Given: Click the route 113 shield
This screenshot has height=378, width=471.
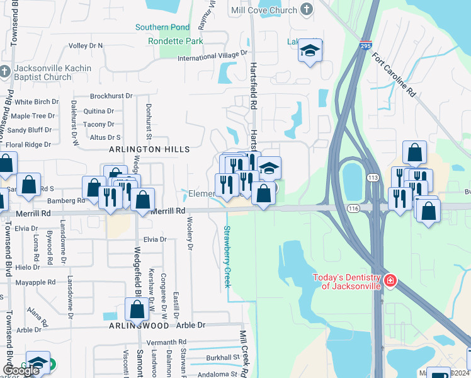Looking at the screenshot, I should coord(373,178).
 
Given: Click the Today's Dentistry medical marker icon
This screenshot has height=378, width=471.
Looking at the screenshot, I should coord(390,280).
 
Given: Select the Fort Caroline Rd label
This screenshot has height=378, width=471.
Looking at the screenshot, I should coord(394,74).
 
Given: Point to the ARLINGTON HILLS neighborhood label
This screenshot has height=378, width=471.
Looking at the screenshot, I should coord(149,149).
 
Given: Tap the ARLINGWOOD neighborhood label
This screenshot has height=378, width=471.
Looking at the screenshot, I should coord(139,326).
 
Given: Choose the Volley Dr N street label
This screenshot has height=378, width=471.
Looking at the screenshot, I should coord(86,46).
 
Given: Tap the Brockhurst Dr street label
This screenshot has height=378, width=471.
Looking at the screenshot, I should coord(111,96).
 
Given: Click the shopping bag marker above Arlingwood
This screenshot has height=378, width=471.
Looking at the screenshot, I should coord(137,309).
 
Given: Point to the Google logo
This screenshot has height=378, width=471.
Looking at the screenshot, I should coord(21,370).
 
